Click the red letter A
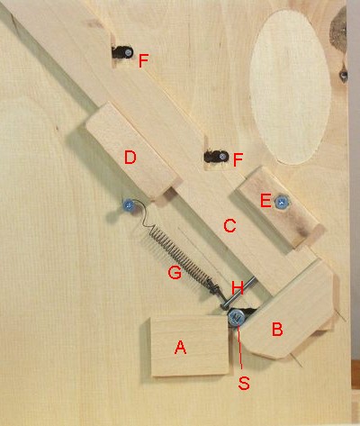(181, 347)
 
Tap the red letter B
(277, 329)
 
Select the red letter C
(229, 226)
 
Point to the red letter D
(130, 158)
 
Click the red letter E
(265, 201)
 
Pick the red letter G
(175, 273)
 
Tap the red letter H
(238, 288)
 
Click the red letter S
(244, 383)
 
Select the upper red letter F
(143, 61)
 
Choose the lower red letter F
(238, 159)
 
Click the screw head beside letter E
(283, 203)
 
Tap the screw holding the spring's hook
(129, 205)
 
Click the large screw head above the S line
(237, 318)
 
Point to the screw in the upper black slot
(129, 53)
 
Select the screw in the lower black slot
(222, 157)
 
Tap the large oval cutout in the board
(291, 87)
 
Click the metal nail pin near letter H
(238, 293)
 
